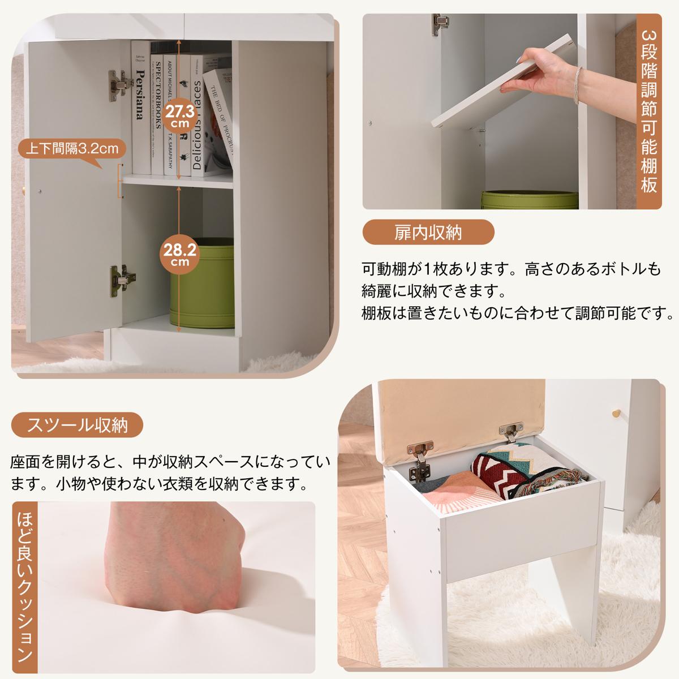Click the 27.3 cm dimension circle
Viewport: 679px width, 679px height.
pyautogui.click(x=180, y=115)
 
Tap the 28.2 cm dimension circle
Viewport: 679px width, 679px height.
pyautogui.click(x=180, y=254)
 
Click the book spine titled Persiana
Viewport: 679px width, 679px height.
pyautogui.click(x=140, y=108)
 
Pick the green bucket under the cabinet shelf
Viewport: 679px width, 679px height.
pyautogui.click(x=202, y=283)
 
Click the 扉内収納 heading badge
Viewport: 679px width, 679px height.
pyautogui.click(x=428, y=232)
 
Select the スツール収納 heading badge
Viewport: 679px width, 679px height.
pyautogui.click(x=77, y=425)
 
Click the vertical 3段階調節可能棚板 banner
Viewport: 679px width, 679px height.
pyautogui.click(x=648, y=111)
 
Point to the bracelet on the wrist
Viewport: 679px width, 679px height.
pyautogui.click(x=577, y=85)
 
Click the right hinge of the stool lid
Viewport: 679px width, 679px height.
pyautogui.click(x=510, y=432)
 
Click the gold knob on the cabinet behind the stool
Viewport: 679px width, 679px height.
pyautogui.click(x=616, y=413)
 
